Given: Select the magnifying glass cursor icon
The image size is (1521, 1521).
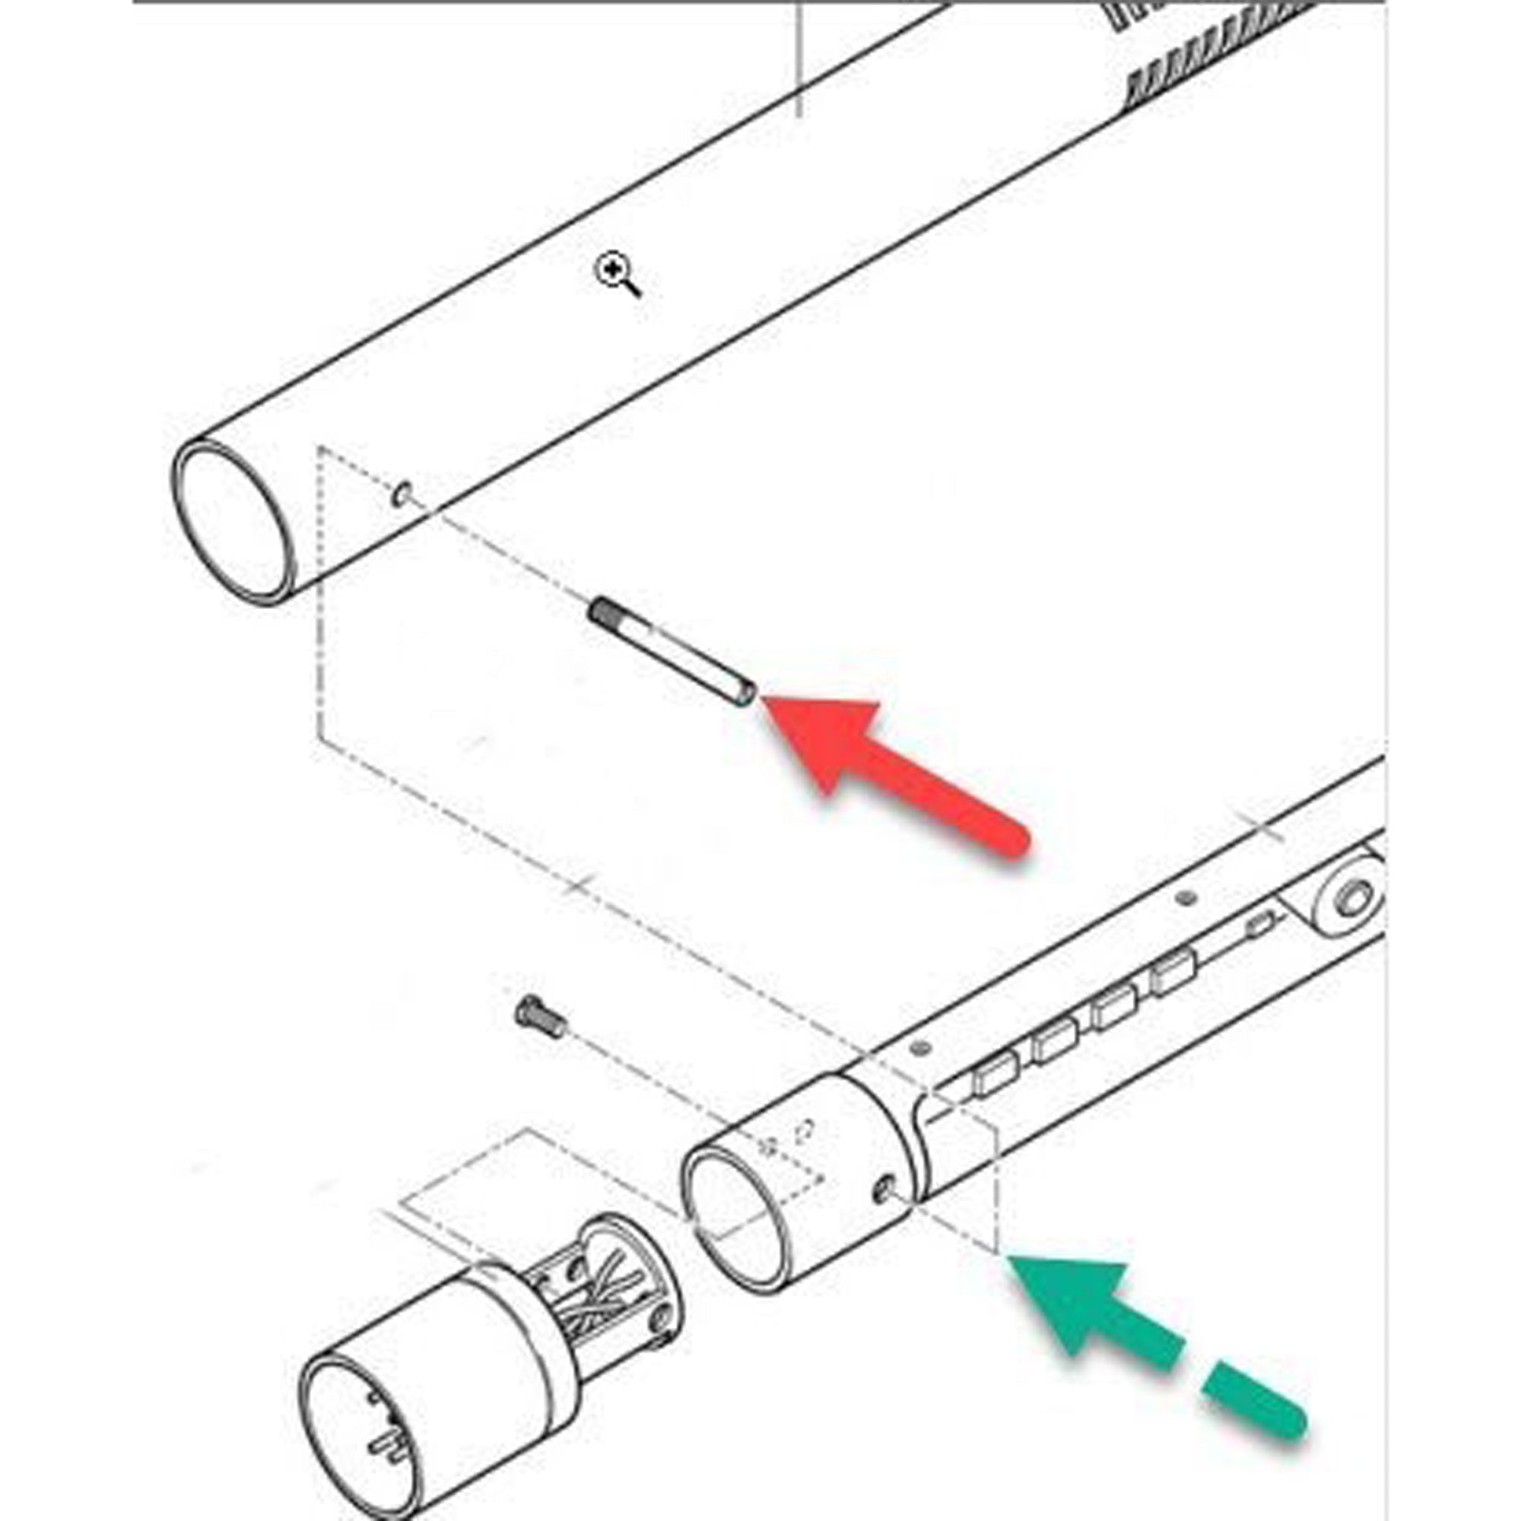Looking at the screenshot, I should pos(614,272).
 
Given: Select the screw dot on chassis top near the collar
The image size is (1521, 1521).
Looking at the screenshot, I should pos(920,1048).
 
